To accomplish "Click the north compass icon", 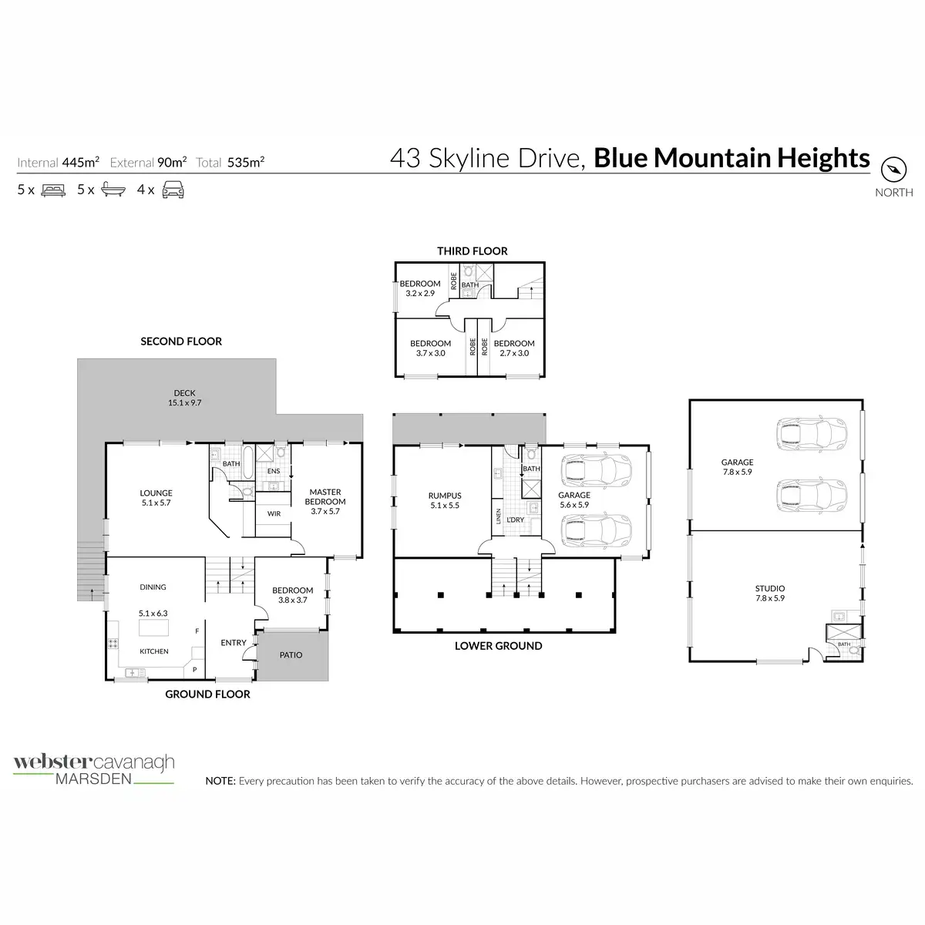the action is pos(894,169).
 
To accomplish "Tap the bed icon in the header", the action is pos(52,190).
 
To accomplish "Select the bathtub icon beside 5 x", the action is pos(113,190).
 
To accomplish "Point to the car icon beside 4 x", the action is pos(173,190).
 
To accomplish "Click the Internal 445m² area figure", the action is pos(59,162).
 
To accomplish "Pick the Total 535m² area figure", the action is pos(230,162).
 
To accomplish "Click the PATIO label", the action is pos(291,654).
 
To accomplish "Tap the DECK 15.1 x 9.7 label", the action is pos(184,398).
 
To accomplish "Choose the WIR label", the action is pos(274,513).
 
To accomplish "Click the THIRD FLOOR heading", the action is pos(472,251).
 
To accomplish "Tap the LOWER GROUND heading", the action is pos(498,646).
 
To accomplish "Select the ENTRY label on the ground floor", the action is pos(234,642).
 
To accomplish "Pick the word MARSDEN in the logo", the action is pos(93,779).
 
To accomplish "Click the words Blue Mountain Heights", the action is pos(732,158).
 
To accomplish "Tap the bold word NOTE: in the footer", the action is pos(220,781).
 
